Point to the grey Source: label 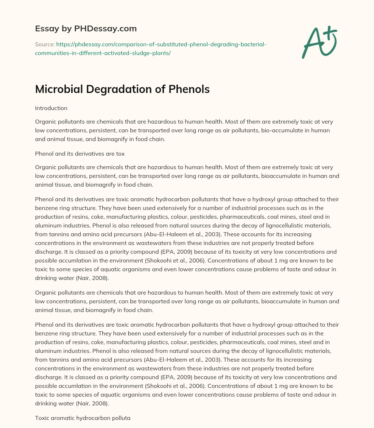45,44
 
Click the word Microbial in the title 57,89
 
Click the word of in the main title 159,89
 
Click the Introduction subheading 51,108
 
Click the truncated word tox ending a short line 120,153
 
